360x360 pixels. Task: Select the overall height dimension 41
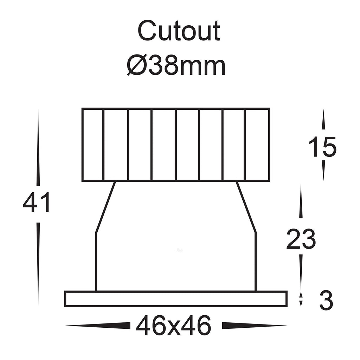pyautogui.click(x=36, y=203)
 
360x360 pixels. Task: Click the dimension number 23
pyautogui.click(x=301, y=239)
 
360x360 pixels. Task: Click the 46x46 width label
pyautogui.click(x=174, y=326)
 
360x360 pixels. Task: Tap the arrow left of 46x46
pyautogui.click(x=98, y=326)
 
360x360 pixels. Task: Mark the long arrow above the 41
pyautogui.click(x=38, y=148)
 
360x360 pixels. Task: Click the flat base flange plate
pyautogui.click(x=176, y=299)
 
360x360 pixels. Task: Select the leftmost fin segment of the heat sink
pyautogui.click(x=92, y=145)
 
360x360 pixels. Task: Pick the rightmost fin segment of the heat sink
pyautogui.click(x=257, y=145)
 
